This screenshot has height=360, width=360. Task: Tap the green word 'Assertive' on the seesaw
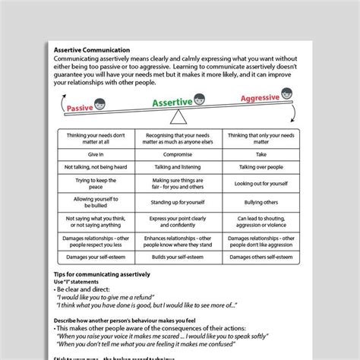(x=172, y=101)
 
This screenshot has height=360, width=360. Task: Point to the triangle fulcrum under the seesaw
(x=179, y=118)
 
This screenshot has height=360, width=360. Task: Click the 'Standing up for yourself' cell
(x=179, y=203)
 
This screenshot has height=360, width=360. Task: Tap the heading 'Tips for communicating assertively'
(x=103, y=273)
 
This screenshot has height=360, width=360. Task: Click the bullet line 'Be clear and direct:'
(x=84, y=289)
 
